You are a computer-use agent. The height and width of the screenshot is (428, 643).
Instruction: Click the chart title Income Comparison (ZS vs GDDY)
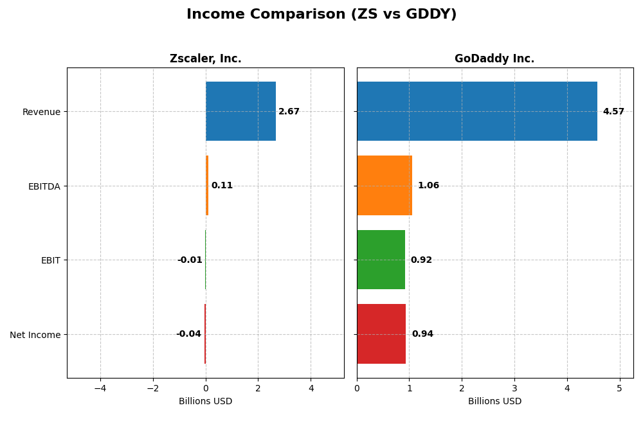(321, 14)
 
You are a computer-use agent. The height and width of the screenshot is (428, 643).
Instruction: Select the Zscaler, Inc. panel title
(205, 58)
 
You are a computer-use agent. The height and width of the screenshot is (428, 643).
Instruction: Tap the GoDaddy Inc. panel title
(494, 58)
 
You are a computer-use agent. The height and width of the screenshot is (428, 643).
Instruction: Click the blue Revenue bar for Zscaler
(240, 111)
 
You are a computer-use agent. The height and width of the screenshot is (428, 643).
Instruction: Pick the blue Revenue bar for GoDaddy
(476, 111)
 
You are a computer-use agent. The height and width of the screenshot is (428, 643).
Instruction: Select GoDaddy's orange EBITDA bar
(384, 186)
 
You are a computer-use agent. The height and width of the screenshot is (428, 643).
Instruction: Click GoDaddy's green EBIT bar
(381, 260)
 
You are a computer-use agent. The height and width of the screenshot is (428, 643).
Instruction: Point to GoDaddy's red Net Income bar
(381, 334)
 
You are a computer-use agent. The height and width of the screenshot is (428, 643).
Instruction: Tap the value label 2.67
(289, 112)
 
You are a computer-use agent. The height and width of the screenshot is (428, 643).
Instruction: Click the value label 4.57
(613, 112)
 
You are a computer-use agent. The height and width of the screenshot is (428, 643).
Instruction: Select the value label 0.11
(222, 186)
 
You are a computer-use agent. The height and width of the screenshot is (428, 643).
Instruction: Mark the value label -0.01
(190, 260)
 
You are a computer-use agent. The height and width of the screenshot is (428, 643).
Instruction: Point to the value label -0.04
(188, 334)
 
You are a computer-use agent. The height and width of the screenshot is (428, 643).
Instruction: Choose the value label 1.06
(428, 186)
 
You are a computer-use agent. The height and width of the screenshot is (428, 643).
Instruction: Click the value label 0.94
(422, 334)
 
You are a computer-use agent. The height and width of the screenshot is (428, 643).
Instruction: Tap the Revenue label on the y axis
(41, 112)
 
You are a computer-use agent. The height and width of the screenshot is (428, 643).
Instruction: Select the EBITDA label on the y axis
(44, 186)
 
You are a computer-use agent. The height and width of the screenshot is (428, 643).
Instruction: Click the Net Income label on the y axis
(35, 335)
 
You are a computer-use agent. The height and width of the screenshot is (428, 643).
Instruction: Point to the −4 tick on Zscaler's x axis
(100, 388)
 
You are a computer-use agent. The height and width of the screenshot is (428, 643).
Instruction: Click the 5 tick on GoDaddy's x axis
(620, 388)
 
